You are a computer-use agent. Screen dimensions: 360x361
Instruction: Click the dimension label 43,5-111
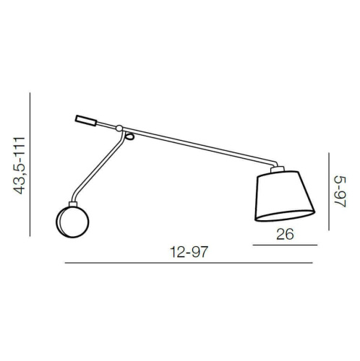tap(20, 165)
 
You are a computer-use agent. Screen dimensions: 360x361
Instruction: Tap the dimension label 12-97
tap(189, 252)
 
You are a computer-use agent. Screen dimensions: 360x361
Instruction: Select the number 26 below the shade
tap(285, 234)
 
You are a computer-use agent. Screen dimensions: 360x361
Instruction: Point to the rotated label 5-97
tap(340, 191)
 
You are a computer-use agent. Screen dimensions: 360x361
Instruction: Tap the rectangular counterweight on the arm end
tap(86, 121)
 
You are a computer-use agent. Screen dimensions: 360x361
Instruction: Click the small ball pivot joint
tap(119, 128)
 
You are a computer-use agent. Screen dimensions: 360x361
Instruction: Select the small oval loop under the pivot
tap(129, 136)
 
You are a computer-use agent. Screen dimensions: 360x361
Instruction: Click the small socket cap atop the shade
tap(278, 169)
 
